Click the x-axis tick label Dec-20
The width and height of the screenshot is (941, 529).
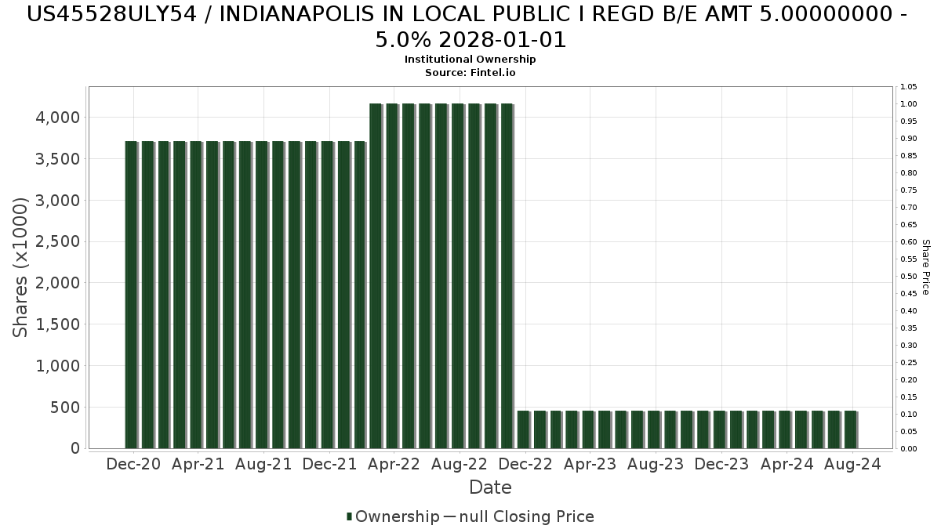(133, 464)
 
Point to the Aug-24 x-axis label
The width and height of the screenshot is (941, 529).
(852, 464)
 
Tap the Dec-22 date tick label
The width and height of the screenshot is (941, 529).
(526, 464)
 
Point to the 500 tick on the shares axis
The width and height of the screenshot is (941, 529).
(64, 407)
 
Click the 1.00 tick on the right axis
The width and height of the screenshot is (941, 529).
(909, 104)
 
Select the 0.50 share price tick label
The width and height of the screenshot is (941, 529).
(909, 277)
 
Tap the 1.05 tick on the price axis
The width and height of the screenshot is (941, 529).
(909, 87)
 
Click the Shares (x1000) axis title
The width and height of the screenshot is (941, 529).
(21, 267)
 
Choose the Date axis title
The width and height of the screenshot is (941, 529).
(490, 487)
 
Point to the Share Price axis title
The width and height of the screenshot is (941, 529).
(925, 267)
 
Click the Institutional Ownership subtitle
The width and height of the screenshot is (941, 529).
(470, 60)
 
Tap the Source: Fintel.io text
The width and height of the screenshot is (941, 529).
(470, 72)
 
